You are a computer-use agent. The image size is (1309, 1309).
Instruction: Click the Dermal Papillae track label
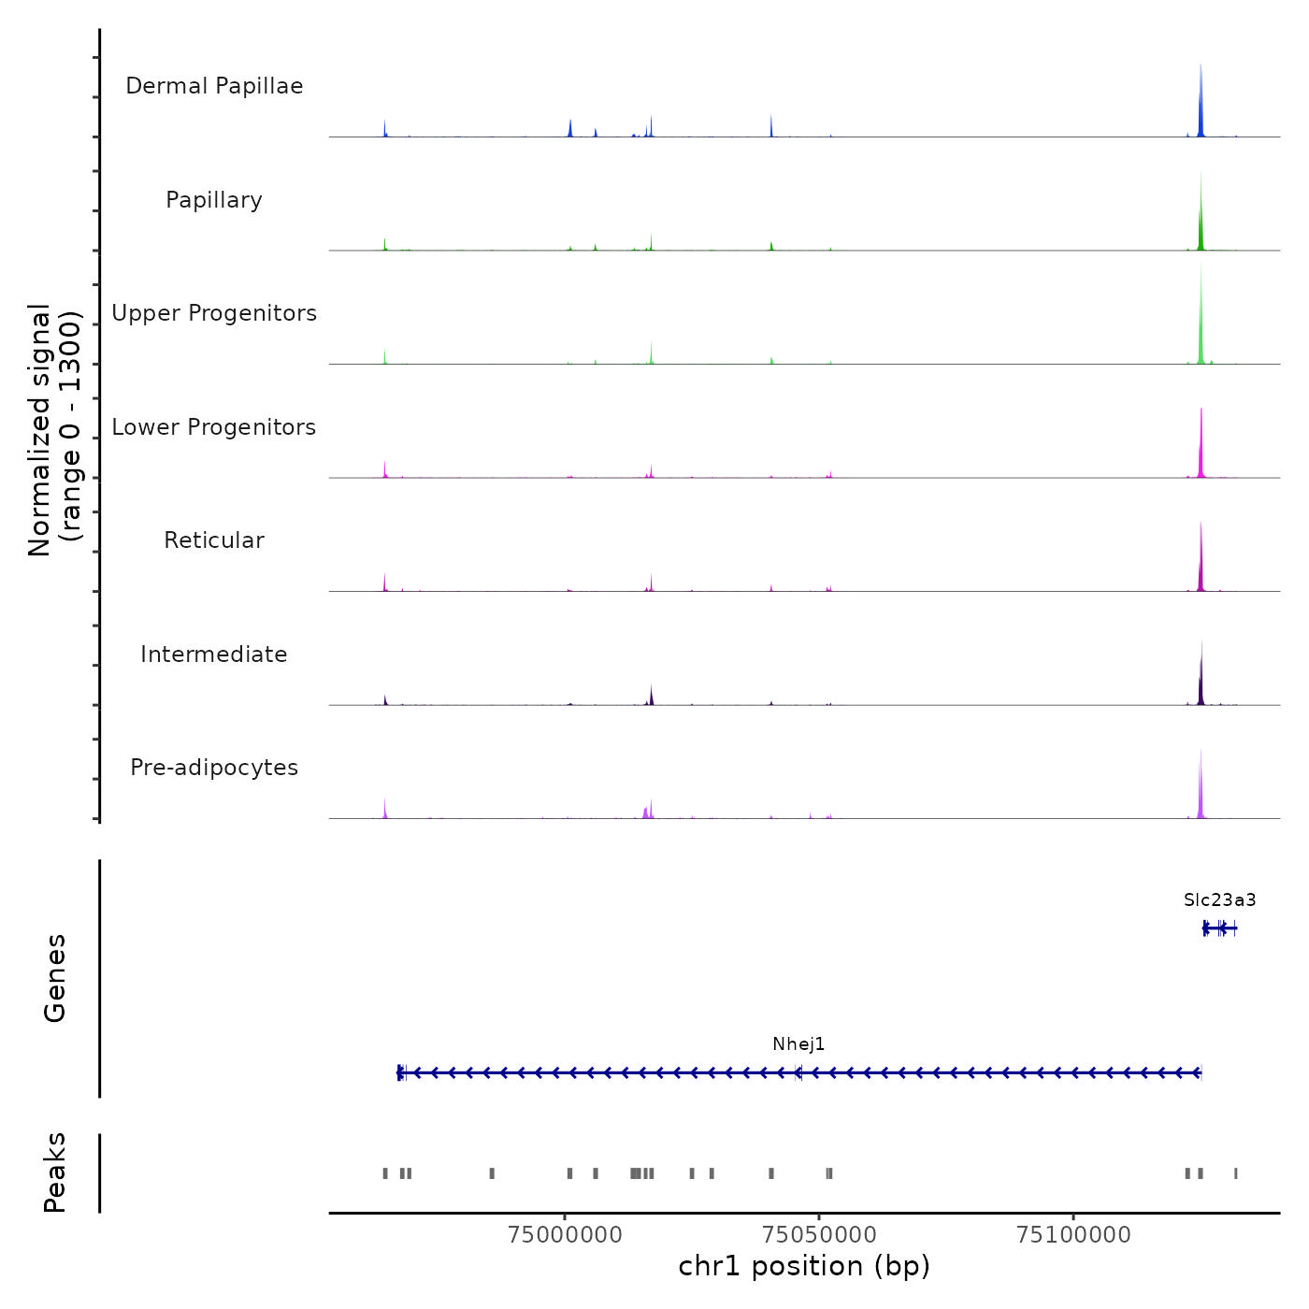coord(214,86)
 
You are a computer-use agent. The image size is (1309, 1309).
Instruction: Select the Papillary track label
coord(214,200)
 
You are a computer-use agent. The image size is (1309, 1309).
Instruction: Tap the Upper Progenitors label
coord(214,313)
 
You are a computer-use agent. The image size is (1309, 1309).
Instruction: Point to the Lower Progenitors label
coord(214,427)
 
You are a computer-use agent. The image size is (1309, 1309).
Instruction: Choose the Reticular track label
coord(214,540)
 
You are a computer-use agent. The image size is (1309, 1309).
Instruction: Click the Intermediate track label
coord(214,654)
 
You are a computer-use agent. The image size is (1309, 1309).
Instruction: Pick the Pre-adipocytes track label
coord(214,768)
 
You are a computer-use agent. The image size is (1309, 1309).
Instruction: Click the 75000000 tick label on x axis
coord(565,1235)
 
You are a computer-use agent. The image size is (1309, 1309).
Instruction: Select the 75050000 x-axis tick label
coord(819,1235)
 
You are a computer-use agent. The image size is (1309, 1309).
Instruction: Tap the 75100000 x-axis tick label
coord(1073,1235)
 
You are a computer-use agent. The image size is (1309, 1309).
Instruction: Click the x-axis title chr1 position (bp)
coord(804,1267)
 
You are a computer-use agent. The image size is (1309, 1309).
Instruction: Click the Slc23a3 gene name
coord(1219,900)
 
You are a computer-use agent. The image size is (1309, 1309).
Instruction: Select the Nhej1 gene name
coord(798,1044)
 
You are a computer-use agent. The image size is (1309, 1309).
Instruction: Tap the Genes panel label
coord(54,978)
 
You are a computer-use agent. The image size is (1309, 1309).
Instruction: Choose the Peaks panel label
coord(54,1172)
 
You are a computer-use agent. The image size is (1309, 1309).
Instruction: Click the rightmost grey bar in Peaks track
coord(1235,1173)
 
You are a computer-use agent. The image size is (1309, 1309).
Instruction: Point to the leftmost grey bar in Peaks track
coord(384,1173)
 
